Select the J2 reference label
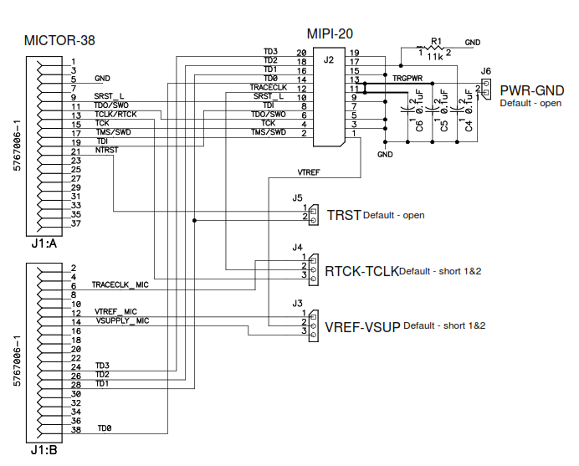(x=330, y=60)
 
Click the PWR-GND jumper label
(x=531, y=90)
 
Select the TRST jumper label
(x=343, y=215)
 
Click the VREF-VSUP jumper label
(x=362, y=326)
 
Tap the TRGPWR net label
(x=409, y=79)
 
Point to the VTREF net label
(x=309, y=172)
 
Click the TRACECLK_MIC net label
(x=120, y=285)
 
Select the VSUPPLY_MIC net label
(x=122, y=320)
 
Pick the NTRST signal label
(x=106, y=151)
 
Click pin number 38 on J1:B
(x=75, y=430)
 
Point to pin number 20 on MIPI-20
(x=301, y=53)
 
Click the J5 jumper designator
(x=297, y=199)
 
